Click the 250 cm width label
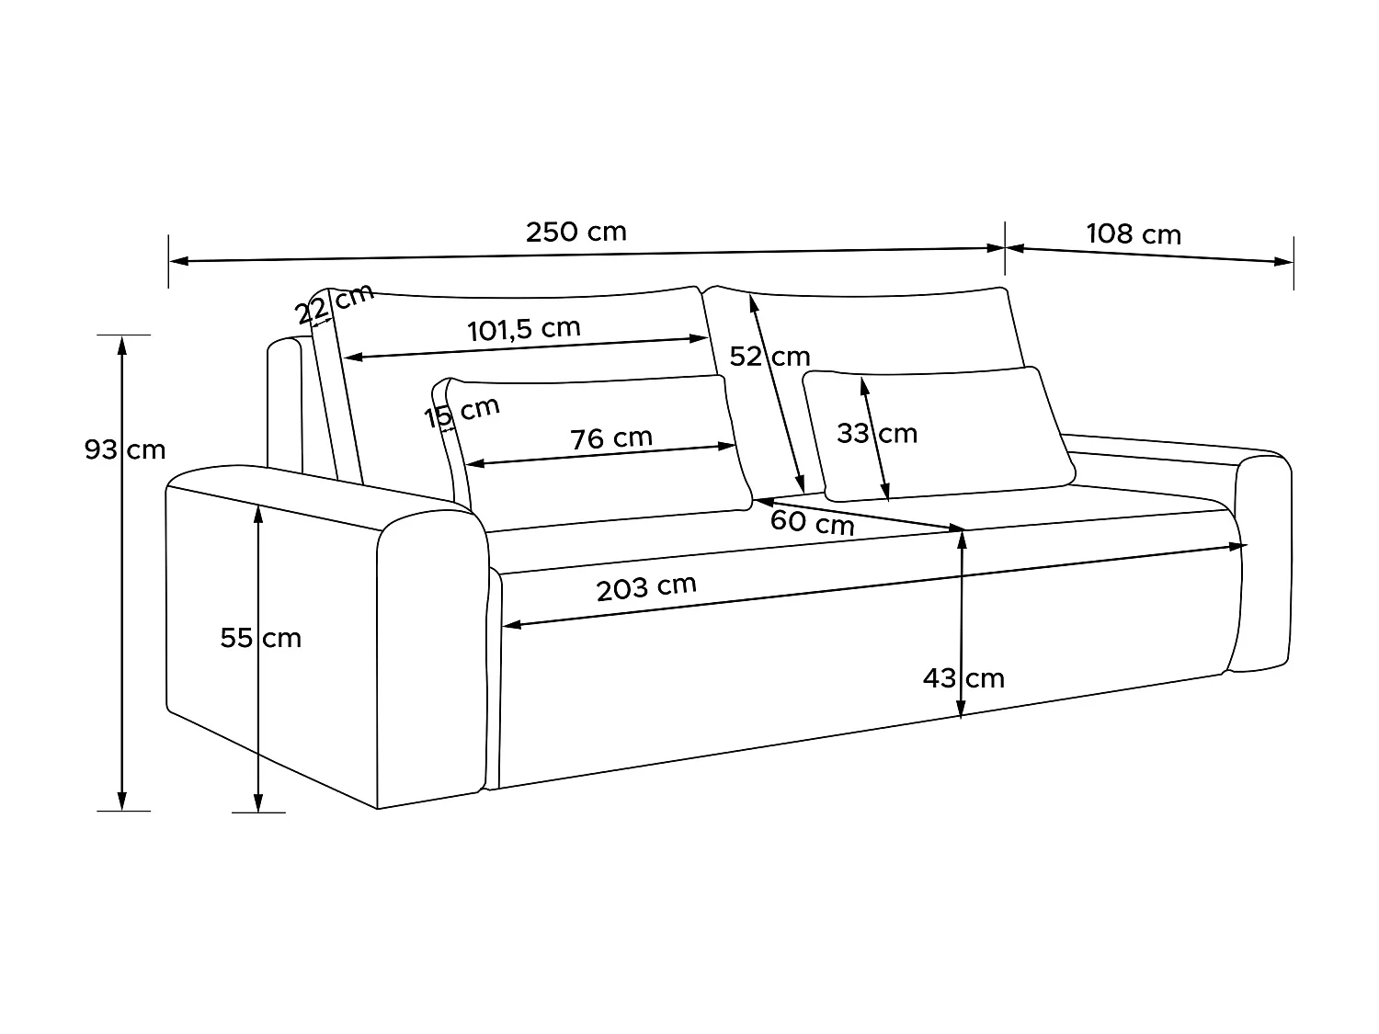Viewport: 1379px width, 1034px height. pos(576,232)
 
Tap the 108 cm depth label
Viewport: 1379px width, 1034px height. pos(1134,234)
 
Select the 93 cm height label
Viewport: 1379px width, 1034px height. pos(125,449)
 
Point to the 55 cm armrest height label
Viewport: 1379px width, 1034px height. pos(261,638)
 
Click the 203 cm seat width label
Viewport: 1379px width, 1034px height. pos(646,587)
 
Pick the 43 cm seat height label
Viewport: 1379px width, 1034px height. pos(963,678)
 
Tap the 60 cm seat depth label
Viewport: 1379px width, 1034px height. pos(812,522)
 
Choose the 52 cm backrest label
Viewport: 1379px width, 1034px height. pos(769,356)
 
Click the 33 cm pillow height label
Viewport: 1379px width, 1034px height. pos(877,433)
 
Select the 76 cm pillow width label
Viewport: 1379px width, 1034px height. pos(611,438)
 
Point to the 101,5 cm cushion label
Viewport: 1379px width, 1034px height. pos(524,329)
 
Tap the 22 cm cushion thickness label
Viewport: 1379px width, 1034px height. pos(335,303)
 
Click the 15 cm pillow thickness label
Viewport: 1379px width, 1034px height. pos(462,413)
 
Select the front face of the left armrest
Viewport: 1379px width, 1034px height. pos(432,662)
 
